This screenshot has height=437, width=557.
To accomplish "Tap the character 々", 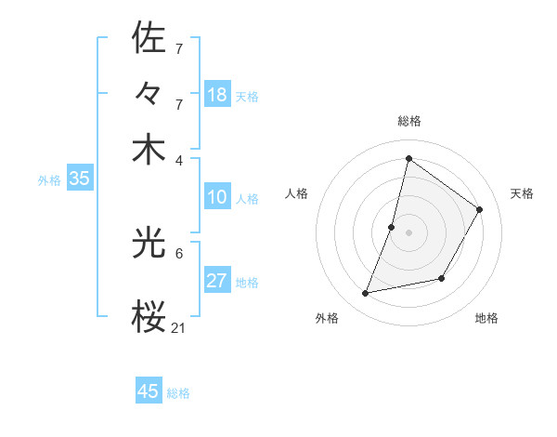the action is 149,94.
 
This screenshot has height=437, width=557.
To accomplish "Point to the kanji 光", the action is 149,244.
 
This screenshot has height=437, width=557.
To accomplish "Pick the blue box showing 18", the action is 217,95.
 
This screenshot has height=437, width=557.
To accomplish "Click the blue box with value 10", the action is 217,197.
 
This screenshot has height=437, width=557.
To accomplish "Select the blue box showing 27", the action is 217,281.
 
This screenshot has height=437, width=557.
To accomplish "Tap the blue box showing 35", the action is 79,179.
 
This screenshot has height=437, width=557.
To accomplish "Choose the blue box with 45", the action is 149,391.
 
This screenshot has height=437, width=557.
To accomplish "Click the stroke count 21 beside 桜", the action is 179,327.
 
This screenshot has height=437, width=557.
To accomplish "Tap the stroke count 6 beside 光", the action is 179,253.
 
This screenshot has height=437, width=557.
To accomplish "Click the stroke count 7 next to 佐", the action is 179,47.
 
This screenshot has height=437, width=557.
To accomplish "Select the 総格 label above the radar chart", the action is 408,121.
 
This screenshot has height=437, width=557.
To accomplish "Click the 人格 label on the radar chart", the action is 297,193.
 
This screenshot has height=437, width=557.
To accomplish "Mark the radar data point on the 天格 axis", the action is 480,209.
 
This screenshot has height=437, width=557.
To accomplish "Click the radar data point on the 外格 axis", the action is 366,294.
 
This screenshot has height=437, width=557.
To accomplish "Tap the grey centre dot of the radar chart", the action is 408,232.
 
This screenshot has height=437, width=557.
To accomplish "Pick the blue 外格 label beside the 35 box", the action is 49,180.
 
